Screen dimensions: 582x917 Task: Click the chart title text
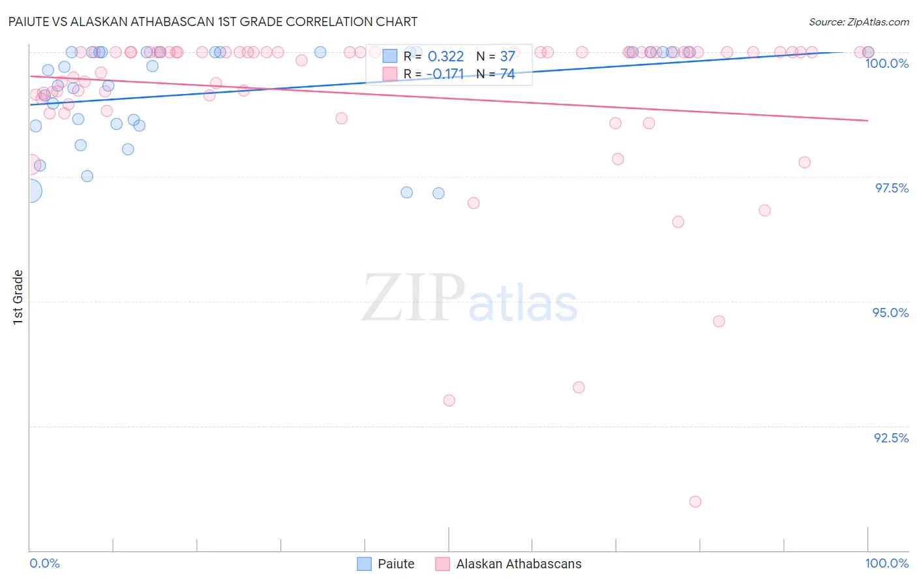[x=213, y=22]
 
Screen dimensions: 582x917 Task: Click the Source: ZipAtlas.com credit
[x=858, y=22]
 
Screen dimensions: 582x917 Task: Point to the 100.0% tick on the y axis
[x=886, y=63]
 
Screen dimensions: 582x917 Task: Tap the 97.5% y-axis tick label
[x=892, y=188]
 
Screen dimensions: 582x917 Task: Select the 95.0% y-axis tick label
[x=890, y=313]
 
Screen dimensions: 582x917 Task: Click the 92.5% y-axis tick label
[x=891, y=438]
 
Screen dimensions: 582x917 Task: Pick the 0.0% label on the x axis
[x=44, y=563]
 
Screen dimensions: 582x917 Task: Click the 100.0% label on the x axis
[x=886, y=563]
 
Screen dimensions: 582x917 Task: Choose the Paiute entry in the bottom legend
[x=395, y=564]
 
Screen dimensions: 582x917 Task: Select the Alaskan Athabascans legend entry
[x=518, y=564]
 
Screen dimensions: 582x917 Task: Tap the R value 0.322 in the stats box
[x=445, y=57]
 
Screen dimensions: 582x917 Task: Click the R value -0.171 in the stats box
[x=445, y=74]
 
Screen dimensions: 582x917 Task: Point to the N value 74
[x=507, y=74]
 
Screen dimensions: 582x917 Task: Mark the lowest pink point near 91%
[x=695, y=502]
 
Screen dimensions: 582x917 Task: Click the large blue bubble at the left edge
[x=29, y=191]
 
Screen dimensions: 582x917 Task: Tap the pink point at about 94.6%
[x=719, y=321]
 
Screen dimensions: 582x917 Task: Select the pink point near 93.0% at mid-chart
[x=449, y=401]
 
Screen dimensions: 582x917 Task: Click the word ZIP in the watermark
[x=413, y=298]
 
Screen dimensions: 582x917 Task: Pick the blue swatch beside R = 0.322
[x=389, y=56]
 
